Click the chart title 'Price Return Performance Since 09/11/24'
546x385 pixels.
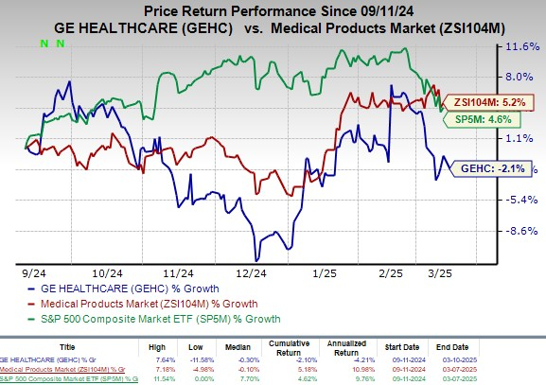click(x=273, y=9)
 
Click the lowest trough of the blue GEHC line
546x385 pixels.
click(x=256, y=260)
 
